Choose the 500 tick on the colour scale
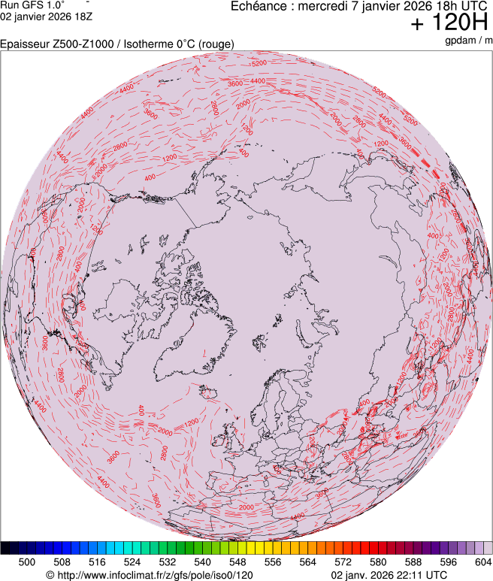[27, 561]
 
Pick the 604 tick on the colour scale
[483, 561]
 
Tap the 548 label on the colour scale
[237, 561]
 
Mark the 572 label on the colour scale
[343, 561]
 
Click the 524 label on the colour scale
[132, 561]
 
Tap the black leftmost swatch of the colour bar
[5, 548]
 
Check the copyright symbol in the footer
[50, 575]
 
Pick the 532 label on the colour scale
[168, 561]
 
